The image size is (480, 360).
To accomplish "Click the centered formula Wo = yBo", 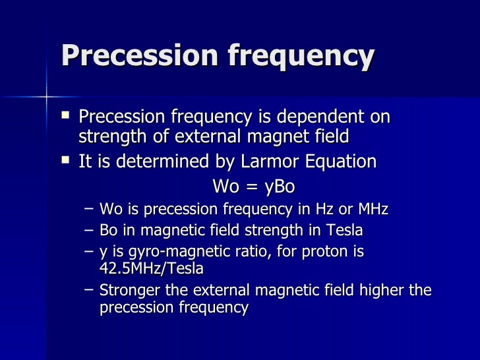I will (x=253, y=187).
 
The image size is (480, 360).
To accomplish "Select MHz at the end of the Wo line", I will (x=371, y=210).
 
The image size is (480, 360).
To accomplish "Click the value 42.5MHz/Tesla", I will (x=151, y=269).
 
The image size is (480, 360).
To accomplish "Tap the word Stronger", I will (x=129, y=291).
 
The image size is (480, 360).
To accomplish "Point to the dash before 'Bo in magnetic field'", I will (x=90, y=230).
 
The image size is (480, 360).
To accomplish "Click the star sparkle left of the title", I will (x=47, y=98).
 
